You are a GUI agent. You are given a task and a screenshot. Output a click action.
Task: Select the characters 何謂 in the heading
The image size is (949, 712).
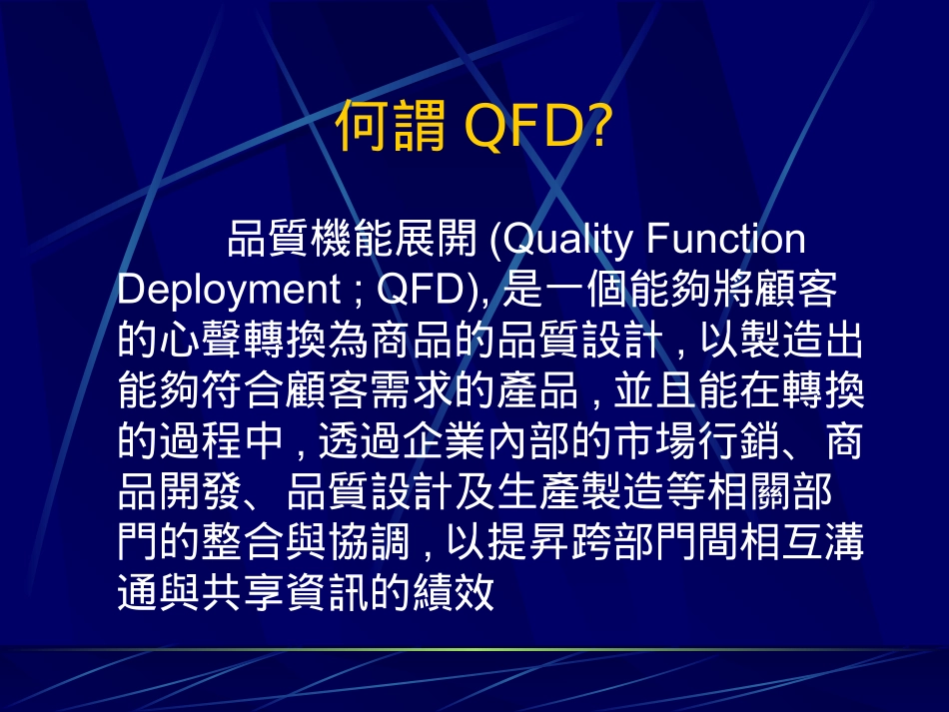(x=391, y=125)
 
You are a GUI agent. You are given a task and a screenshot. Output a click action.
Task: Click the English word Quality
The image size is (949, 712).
(x=567, y=240)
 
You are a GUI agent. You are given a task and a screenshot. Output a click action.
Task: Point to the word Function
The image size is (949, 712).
(x=725, y=239)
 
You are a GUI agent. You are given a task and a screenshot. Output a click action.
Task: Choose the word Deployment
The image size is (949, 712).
(x=229, y=290)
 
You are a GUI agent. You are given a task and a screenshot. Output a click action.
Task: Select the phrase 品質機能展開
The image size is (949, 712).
(x=353, y=239)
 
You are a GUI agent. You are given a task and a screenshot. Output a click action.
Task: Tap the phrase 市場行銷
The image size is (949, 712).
(x=697, y=440)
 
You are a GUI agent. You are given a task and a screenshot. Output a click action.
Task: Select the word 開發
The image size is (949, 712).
(x=201, y=491)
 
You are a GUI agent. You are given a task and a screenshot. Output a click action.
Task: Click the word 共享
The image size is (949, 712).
(x=244, y=591)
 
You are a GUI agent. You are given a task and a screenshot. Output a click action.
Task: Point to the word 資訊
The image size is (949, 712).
(x=328, y=591)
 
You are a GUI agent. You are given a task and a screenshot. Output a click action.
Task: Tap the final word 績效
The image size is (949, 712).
(x=454, y=591)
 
